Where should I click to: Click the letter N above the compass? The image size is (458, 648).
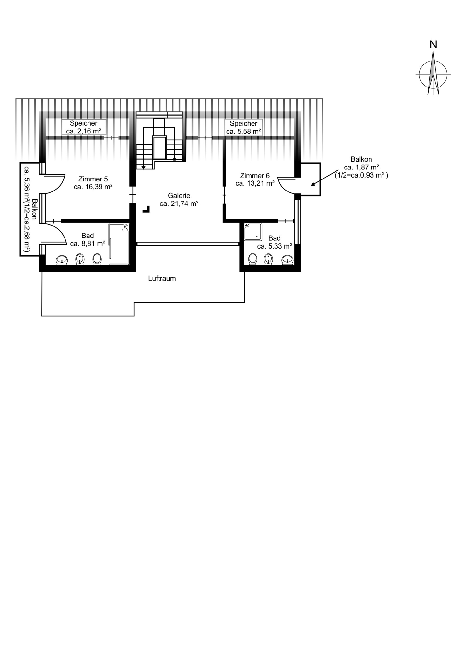click(x=433, y=44)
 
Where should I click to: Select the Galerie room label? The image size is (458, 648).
click(x=179, y=196)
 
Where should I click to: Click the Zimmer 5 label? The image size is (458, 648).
click(x=93, y=179)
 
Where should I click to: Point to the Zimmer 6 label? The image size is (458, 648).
click(x=255, y=176)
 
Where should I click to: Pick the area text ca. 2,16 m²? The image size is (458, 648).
click(x=84, y=131)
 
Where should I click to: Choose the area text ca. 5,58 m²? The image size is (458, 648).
click(x=244, y=131)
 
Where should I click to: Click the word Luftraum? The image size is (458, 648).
click(x=162, y=278)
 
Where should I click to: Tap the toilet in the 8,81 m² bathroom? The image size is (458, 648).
click(x=97, y=259)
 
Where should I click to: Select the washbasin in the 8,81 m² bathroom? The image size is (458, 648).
click(x=62, y=260)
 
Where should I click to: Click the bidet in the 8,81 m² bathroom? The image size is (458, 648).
click(x=80, y=259)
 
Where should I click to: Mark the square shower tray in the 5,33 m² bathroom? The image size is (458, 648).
click(x=253, y=232)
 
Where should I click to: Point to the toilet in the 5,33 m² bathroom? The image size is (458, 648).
click(x=252, y=259)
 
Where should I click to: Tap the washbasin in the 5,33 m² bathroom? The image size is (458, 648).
click(x=287, y=260)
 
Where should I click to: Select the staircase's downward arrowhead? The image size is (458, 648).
click(x=143, y=167)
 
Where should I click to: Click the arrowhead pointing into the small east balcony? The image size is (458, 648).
click(x=313, y=184)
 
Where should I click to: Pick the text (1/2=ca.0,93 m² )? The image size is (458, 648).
click(x=361, y=175)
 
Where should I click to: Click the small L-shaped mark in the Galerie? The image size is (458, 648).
click(x=147, y=210)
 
